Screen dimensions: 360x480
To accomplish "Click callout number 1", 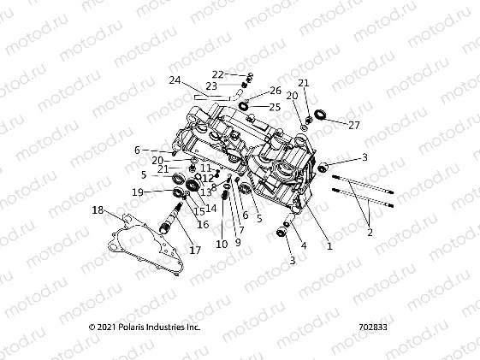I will tap(329, 245).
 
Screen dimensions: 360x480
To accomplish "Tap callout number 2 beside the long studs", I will tap(370, 231).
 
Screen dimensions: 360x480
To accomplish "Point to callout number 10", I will tap(222, 245).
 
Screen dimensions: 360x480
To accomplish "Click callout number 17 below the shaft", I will tap(195, 251).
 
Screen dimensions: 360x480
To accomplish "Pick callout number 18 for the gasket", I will tap(98, 210).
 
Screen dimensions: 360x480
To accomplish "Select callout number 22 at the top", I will tap(217, 74).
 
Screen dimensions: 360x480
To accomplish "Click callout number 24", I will tap(175, 80).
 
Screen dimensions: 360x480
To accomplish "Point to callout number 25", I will tap(275, 107).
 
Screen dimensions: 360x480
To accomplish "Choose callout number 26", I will tap(276, 90).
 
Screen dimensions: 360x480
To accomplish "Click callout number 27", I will tap(355, 124).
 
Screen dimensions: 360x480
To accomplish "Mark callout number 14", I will tap(210, 208).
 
